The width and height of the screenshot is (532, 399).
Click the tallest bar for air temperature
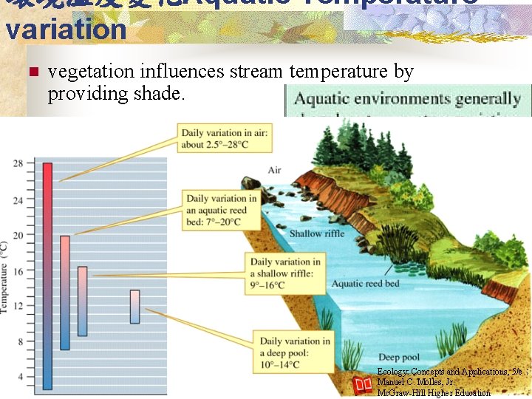(47, 275)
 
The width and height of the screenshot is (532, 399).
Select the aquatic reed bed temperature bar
(65, 293)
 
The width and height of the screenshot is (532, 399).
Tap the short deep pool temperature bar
(134, 307)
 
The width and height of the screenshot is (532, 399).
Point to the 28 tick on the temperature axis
(18, 163)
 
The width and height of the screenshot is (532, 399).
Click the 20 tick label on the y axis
(18, 235)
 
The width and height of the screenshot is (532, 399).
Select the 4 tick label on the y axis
(19, 377)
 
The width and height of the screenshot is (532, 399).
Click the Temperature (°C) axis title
(5, 276)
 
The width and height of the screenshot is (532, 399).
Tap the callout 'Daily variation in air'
(225, 139)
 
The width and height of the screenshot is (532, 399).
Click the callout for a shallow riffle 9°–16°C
(285, 273)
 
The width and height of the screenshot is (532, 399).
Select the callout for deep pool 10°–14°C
(295, 352)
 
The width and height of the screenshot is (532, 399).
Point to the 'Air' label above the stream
(274, 171)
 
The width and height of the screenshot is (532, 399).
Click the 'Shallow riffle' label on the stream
(316, 233)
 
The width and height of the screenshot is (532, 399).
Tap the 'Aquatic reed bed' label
(365, 284)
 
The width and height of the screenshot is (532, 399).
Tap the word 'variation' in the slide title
(66, 30)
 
